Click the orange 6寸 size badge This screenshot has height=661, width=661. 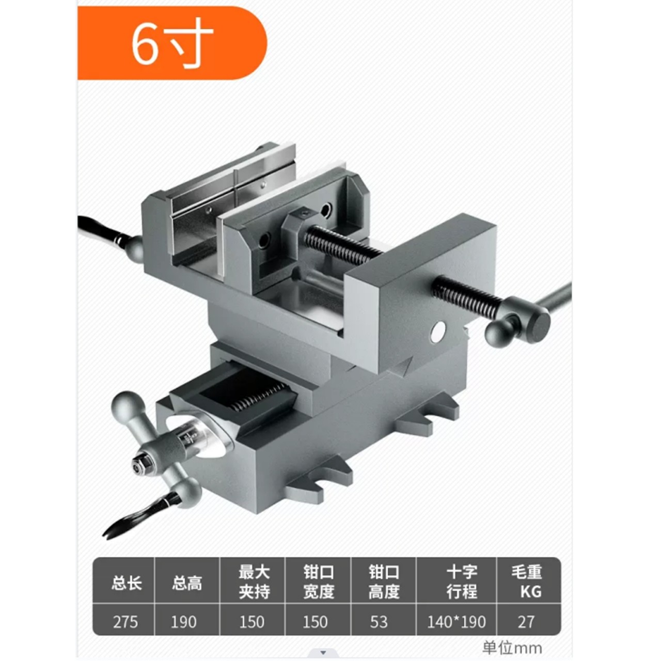[171, 43]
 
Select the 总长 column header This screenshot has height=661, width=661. [126, 583]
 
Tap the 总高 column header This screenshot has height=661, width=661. [187, 583]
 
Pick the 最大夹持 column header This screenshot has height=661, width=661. [253, 581]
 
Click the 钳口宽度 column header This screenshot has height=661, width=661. [318, 581]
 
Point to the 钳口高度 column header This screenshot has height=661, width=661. [383, 581]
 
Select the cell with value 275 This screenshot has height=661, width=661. [125, 621]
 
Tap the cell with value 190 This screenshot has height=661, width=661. [184, 621]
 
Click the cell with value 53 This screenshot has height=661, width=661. [379, 621]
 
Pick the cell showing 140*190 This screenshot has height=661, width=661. [457, 621]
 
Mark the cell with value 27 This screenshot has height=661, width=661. [526, 621]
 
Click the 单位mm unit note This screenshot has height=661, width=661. [512, 648]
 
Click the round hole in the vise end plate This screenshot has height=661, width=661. [438, 332]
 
